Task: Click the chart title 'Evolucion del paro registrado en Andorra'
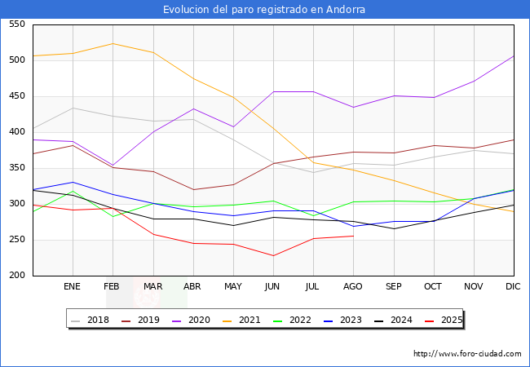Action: [x=264, y=10]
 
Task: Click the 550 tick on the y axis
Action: [x=16, y=24]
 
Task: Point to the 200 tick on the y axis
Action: [x=16, y=276]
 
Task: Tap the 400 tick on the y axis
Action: [x=16, y=132]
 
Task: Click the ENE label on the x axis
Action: [x=73, y=287]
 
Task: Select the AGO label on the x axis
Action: [x=353, y=287]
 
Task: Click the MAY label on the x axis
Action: [x=233, y=287]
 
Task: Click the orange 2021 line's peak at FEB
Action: [x=113, y=43]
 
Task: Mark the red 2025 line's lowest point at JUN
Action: [x=273, y=255]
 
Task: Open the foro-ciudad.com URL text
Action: [x=467, y=354]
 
